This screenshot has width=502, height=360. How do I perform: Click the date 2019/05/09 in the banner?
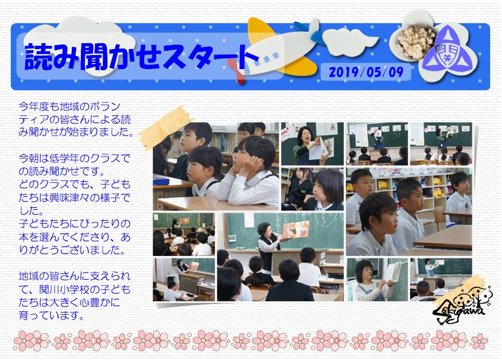click(x=366, y=72)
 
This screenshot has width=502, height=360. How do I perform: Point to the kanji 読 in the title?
click(x=38, y=57)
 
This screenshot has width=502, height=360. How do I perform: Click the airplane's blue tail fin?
click(x=309, y=32)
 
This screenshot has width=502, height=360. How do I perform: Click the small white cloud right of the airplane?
click(x=350, y=42)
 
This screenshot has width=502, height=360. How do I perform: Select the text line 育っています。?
click(x=52, y=316)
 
